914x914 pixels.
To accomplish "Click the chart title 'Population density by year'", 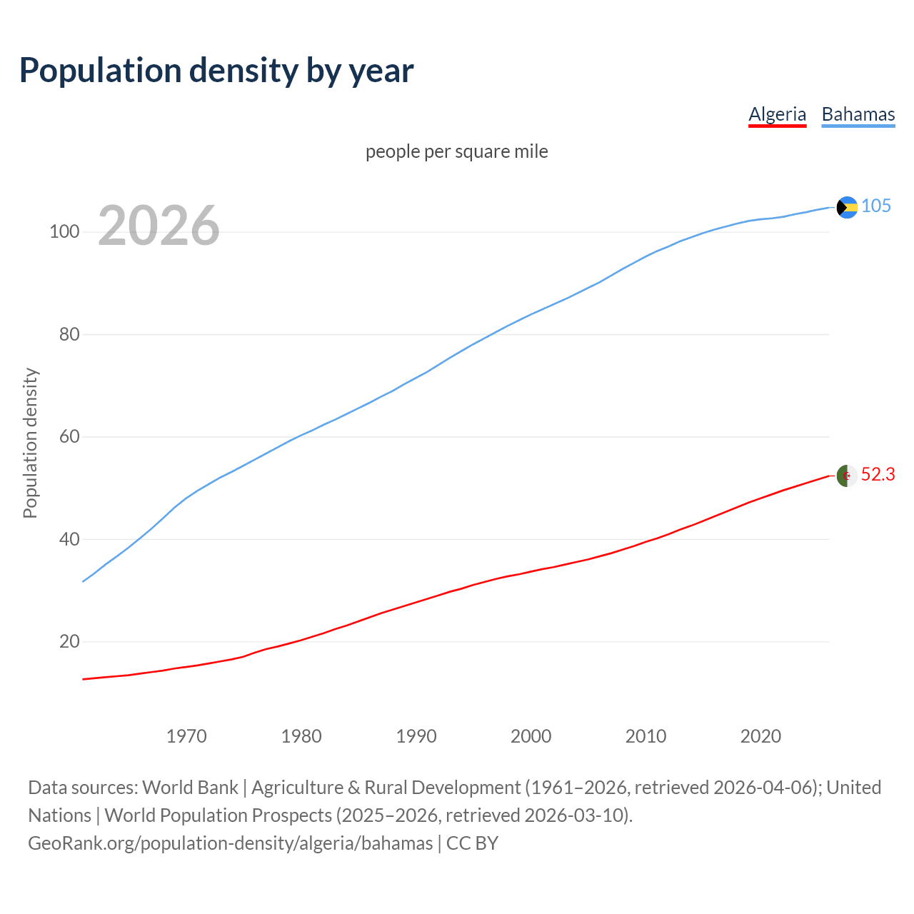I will pos(216,71).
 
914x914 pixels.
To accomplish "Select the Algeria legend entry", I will pos(777,114).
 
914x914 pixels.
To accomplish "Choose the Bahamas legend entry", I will pos(858,114).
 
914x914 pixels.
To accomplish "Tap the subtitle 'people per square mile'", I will pos(456,151).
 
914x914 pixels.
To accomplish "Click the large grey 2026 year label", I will pos(159,226).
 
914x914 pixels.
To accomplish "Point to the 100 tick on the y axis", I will pos(64,232).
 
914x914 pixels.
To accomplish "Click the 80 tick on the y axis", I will pos(69,334).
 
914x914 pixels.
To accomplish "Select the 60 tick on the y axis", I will pos(69,436).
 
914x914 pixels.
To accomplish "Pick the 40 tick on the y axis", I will pos(69,539).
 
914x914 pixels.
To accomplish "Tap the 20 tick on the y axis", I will pos(69,641).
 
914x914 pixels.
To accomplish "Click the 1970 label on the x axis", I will pos(186,736).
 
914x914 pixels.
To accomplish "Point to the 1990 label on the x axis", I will pos(416,736).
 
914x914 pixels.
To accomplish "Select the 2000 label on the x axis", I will pos(531,736).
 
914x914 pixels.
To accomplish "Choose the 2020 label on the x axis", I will pos(760,736).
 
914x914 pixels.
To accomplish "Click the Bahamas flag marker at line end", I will pos(847,207).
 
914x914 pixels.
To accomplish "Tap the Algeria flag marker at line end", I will pos(847,476).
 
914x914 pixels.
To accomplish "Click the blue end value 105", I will pos(875,206).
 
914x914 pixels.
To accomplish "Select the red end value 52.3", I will pos(878,475).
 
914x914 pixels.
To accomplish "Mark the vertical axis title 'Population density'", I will pos(30,443).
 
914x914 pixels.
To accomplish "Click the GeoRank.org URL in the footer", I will pos(230,843).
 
